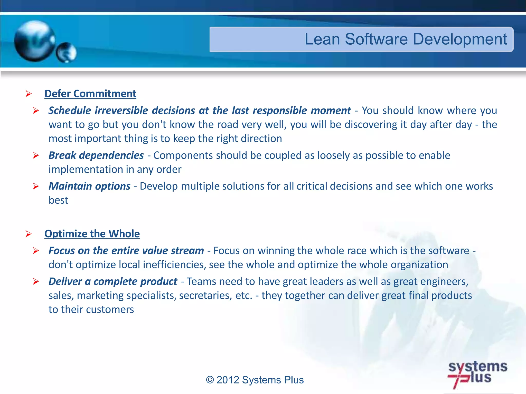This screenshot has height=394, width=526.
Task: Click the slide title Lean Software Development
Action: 406,39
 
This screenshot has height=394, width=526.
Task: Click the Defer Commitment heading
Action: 90,94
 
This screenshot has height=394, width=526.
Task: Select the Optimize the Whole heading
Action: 92,234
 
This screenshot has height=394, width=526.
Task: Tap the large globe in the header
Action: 34,41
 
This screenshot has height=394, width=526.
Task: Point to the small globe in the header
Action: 66,53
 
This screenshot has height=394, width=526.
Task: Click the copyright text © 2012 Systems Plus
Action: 255,380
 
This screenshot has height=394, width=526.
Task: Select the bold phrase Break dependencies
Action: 96,155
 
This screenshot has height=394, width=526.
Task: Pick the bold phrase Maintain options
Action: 89,186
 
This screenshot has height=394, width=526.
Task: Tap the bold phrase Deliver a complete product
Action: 113,281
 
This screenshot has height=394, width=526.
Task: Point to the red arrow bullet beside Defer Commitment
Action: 29,94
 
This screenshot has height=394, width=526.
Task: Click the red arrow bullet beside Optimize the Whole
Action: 29,234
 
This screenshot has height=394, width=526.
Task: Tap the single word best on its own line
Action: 58,200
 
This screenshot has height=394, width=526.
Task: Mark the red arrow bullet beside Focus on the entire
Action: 36,251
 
